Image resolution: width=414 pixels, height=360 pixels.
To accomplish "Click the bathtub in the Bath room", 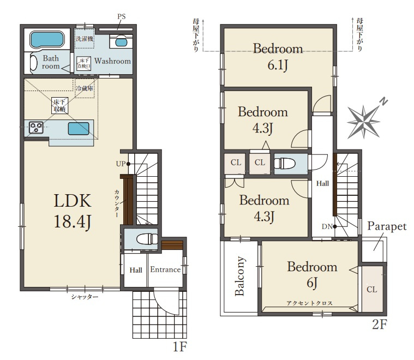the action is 47,40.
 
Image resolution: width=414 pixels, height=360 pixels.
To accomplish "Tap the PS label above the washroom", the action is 122,17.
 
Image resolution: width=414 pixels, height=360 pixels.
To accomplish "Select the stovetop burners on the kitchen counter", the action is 36,128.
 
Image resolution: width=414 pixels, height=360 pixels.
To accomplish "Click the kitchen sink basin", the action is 79,129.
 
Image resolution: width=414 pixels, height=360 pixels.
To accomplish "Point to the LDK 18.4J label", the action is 73,211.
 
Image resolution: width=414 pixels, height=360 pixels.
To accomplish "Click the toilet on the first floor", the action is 147,239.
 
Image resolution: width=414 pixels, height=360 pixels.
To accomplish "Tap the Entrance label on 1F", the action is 165,269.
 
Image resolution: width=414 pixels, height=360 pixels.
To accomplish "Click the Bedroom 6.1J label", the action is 278,57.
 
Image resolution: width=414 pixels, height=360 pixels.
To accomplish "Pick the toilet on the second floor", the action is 285,163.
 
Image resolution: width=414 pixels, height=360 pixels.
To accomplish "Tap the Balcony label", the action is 239,276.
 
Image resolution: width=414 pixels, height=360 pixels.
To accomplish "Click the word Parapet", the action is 387,226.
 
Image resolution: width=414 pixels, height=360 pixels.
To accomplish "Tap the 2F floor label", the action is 380,324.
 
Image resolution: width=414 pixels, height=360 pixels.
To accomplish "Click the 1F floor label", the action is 180,346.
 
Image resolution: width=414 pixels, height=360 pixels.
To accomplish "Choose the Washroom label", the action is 112,61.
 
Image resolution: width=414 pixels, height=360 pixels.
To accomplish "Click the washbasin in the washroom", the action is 121,42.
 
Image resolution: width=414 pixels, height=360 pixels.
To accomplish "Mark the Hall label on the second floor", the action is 323,183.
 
